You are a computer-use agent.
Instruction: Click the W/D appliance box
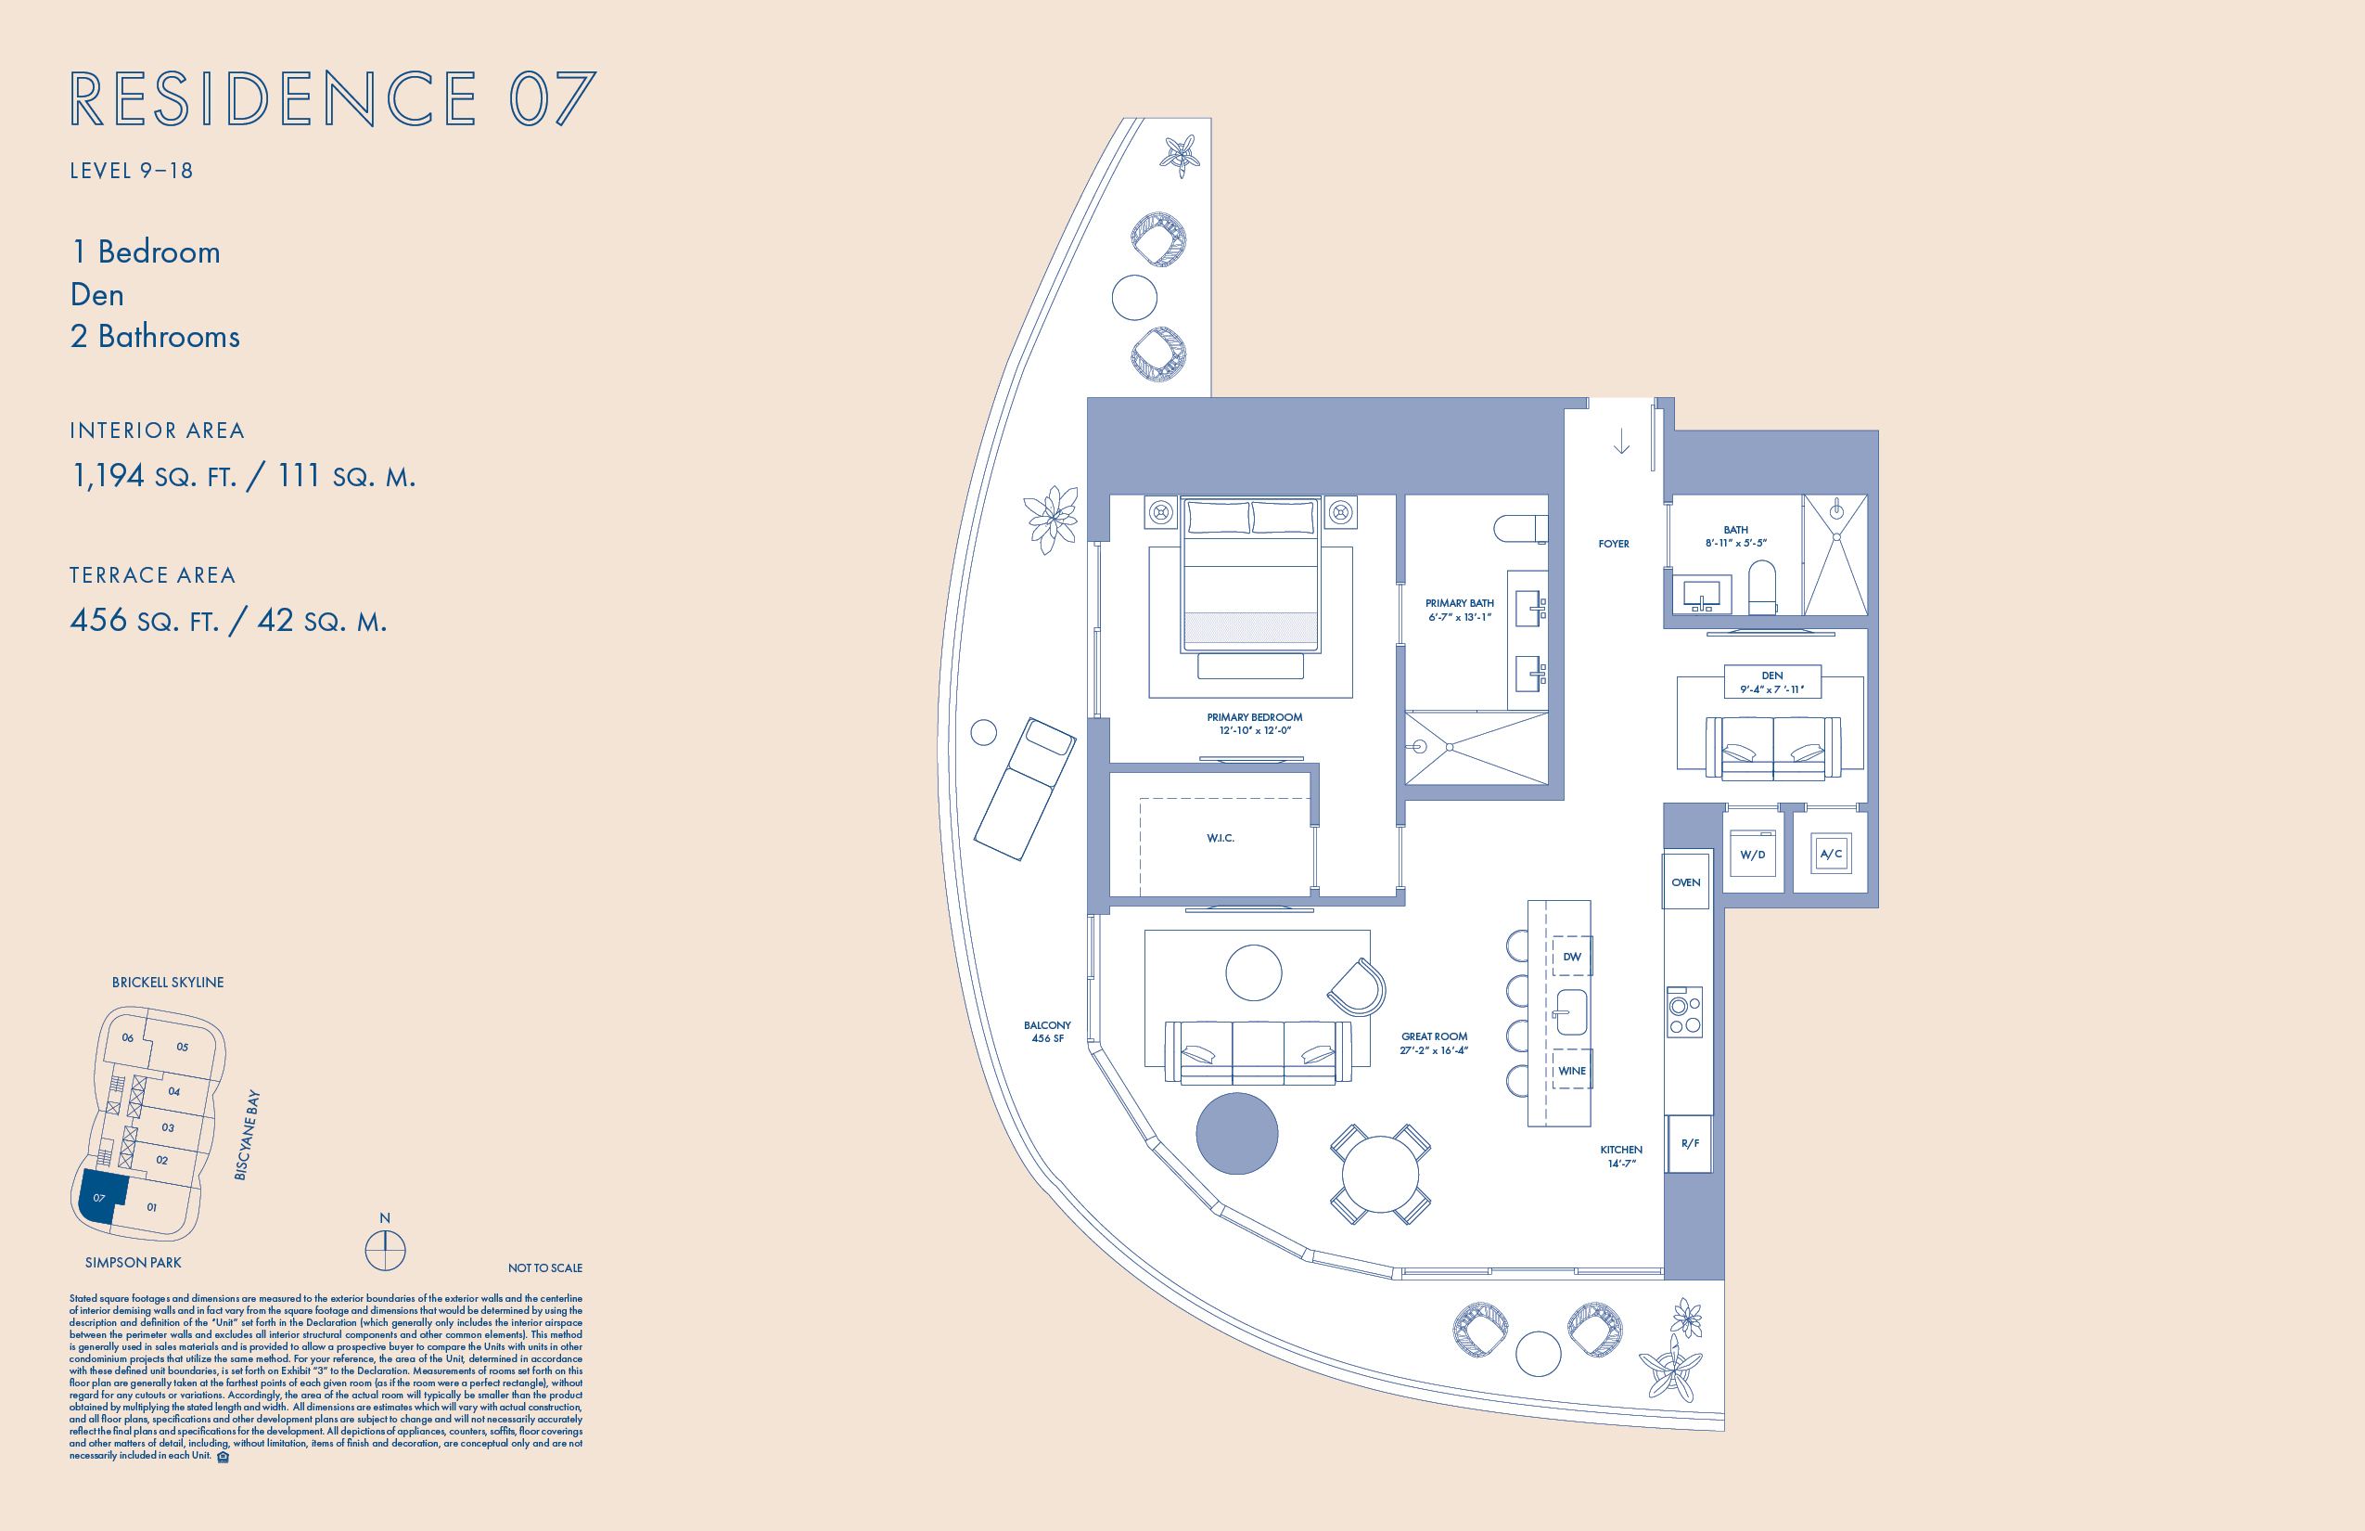pyautogui.click(x=1752, y=854)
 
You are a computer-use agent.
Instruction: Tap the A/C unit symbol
pyautogui.click(x=1831, y=854)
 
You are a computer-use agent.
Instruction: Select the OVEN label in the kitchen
pyautogui.click(x=1685, y=881)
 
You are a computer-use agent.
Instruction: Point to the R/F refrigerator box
pyautogui.click(x=1689, y=1143)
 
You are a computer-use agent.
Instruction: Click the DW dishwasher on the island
pyautogui.click(x=1572, y=957)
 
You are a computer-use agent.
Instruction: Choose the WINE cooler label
pyautogui.click(x=1572, y=1071)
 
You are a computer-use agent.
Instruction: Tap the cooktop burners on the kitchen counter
pyautogui.click(x=1684, y=1012)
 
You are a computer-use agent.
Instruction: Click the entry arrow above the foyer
pyautogui.click(x=1622, y=442)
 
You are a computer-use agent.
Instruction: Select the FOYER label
pyautogui.click(x=1614, y=544)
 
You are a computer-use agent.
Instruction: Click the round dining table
pyautogui.click(x=1380, y=1174)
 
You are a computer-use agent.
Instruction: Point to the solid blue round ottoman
pyautogui.click(x=1236, y=1133)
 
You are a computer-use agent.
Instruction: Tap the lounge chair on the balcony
pyautogui.click(x=1025, y=789)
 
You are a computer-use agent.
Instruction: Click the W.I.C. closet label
pyautogui.click(x=1221, y=838)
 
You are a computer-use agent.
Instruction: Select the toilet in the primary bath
pyautogui.click(x=1520, y=528)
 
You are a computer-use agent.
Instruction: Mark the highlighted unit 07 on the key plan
pyautogui.click(x=103, y=1195)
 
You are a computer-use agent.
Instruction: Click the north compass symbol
pyautogui.click(x=386, y=1251)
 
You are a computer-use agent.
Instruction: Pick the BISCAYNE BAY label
pyautogui.click(x=247, y=1136)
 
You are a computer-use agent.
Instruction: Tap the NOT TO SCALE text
pyautogui.click(x=544, y=1267)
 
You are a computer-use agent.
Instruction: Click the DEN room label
pyautogui.click(x=1771, y=675)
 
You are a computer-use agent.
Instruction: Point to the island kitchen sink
pyautogui.click(x=1570, y=1013)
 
